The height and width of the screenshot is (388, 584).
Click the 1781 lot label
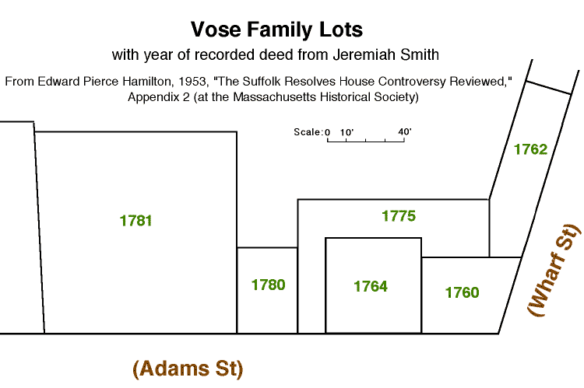tap(135, 221)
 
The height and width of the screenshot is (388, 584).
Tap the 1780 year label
tap(268, 285)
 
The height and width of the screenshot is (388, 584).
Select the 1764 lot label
tap(371, 286)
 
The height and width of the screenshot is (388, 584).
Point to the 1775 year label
tap(399, 216)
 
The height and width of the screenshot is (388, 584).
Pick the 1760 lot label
tap(463, 292)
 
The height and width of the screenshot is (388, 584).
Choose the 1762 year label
tap(531, 149)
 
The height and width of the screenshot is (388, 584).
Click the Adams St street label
tap(188, 369)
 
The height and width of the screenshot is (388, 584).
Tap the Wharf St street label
tap(554, 270)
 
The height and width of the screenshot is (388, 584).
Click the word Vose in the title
tap(216, 30)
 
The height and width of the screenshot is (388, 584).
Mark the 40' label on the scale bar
tap(404, 131)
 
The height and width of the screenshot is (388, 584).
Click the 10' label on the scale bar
tap(347, 132)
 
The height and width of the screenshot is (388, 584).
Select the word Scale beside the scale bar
tap(307, 132)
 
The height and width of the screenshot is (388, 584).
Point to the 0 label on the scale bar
tap(327, 132)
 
